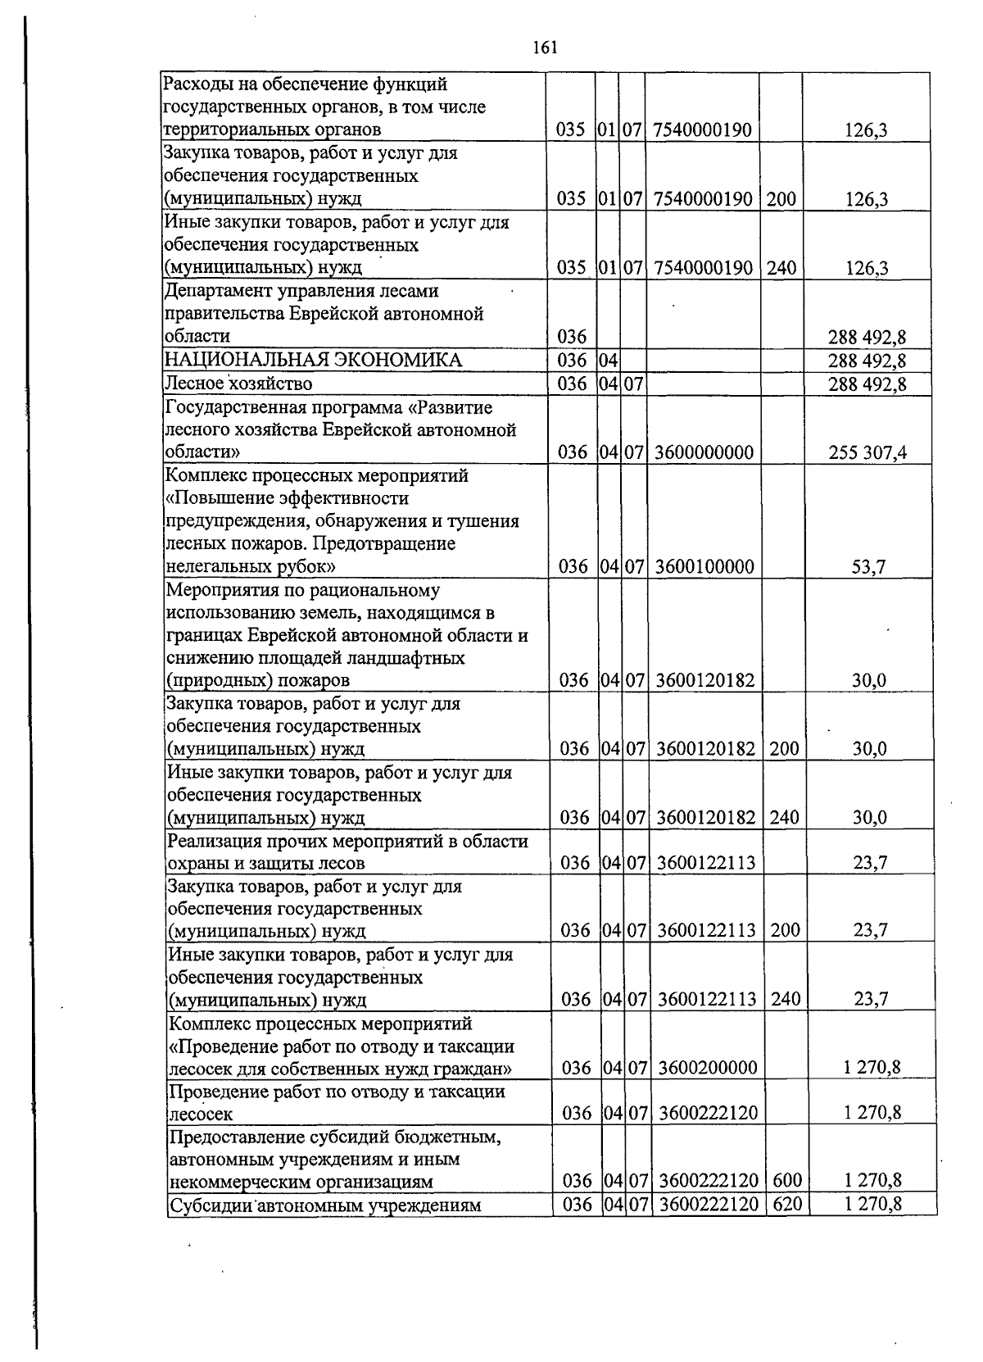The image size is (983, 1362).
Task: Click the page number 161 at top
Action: [545, 48]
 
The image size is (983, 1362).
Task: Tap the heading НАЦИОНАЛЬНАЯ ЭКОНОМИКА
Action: [313, 361]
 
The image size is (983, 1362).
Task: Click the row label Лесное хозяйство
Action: [238, 384]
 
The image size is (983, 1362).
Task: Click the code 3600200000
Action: [707, 1068]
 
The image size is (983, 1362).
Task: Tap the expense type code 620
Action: [787, 1204]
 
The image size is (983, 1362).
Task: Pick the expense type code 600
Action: [787, 1181]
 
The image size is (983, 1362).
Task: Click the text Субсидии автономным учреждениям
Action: [324, 1205]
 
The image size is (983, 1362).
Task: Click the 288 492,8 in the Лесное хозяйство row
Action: [867, 384]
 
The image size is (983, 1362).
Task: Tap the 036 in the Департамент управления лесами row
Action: [572, 337]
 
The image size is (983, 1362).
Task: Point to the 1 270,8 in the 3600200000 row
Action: [872, 1068]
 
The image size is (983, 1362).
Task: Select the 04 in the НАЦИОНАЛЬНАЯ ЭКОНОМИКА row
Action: [607, 361]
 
